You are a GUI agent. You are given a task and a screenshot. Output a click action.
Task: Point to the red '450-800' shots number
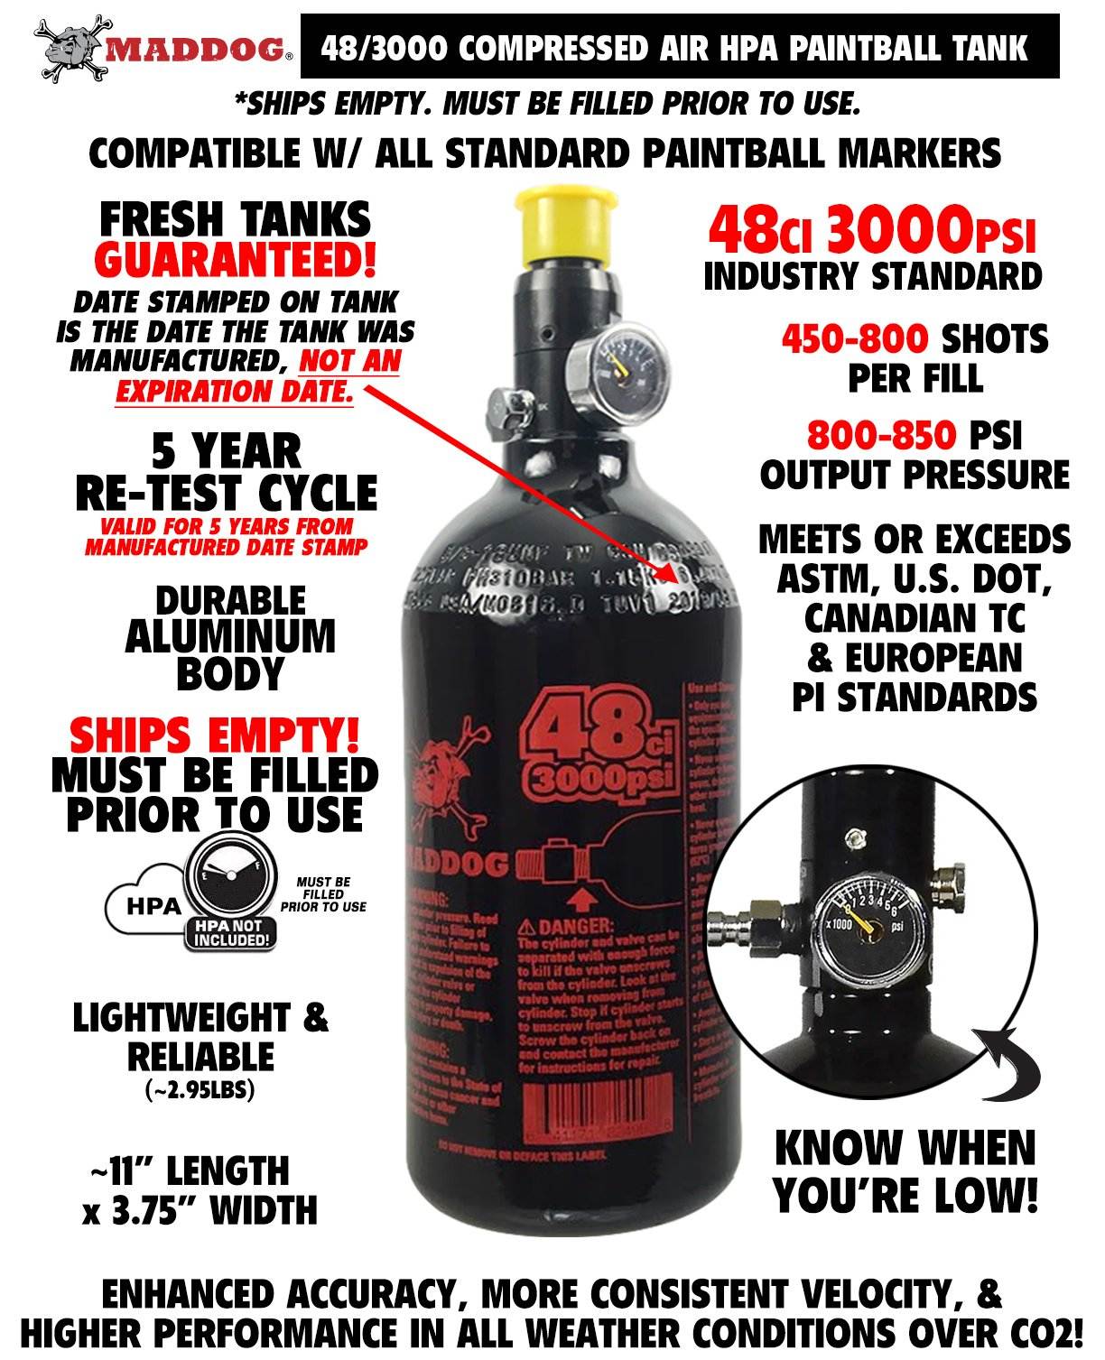(854, 340)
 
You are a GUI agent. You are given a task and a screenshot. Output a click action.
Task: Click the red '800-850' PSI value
(880, 436)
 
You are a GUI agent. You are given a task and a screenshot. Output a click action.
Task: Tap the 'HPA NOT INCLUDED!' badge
(228, 933)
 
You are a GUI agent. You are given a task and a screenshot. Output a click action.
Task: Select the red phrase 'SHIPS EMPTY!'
(214, 736)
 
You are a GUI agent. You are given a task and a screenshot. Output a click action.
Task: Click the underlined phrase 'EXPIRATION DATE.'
(233, 393)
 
